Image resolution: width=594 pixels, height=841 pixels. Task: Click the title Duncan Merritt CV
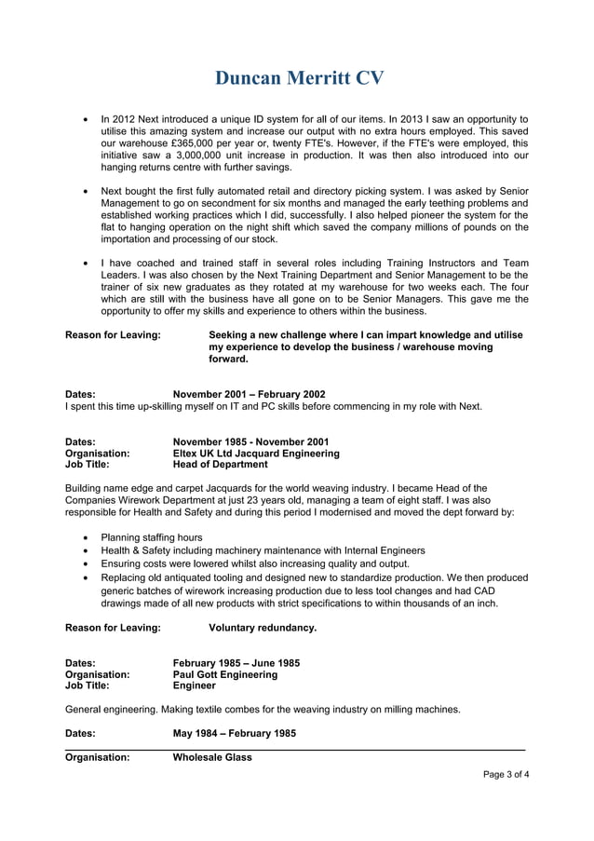299,77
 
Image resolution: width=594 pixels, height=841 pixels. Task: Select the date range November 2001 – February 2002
250,394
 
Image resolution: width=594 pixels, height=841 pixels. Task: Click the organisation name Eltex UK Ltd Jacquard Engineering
256,454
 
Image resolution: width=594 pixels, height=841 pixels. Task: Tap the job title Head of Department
221,465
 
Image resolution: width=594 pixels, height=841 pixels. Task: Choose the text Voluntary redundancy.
263,628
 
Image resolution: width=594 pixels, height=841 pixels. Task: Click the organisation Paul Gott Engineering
225,674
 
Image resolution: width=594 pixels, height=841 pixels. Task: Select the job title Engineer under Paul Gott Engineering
195,685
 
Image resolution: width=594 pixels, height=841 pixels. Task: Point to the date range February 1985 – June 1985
236,663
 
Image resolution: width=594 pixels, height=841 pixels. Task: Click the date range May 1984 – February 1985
235,733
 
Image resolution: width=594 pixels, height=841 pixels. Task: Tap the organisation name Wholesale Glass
213,758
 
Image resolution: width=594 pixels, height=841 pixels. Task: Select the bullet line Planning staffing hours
151,537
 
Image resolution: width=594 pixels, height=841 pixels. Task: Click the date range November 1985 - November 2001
250,441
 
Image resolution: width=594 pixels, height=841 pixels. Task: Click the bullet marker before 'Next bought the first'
86,191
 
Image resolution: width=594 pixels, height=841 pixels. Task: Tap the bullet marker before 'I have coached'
86,264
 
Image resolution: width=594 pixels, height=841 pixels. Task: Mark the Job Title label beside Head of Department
87,465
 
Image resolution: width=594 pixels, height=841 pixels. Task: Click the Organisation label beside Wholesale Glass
97,758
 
